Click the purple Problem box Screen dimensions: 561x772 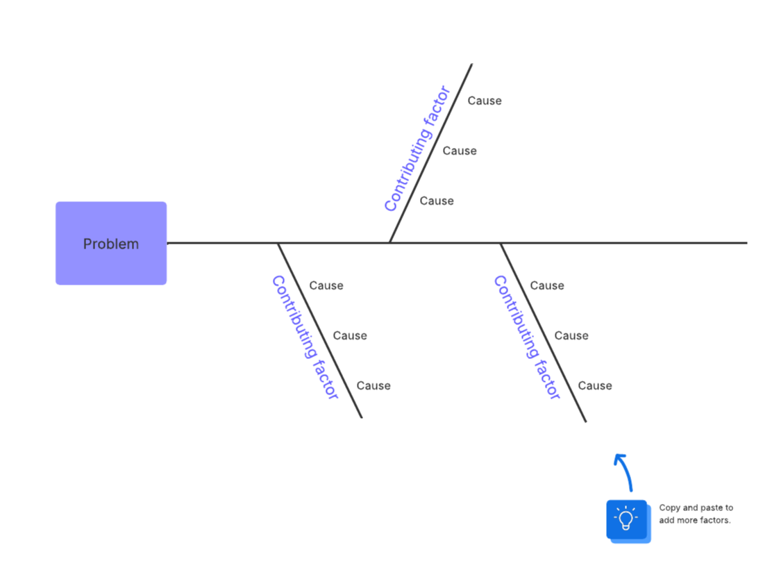111,243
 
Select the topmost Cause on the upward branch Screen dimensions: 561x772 484,101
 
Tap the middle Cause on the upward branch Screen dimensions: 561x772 460,151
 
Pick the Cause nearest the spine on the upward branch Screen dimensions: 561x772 437,201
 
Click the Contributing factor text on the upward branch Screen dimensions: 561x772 417,149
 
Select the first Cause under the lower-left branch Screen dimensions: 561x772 326,285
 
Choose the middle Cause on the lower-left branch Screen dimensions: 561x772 349,335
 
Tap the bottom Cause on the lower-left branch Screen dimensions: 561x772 374,385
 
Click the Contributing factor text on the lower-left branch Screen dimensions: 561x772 305,337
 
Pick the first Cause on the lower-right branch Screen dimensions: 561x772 547,285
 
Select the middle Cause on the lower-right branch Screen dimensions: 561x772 571,335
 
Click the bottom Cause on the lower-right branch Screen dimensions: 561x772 595,385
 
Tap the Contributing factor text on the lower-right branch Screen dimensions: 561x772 527,337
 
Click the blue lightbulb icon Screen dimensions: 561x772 626,519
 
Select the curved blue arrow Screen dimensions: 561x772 624,470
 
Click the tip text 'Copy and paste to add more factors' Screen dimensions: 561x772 695,514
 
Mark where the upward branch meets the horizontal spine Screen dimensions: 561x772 389,242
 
